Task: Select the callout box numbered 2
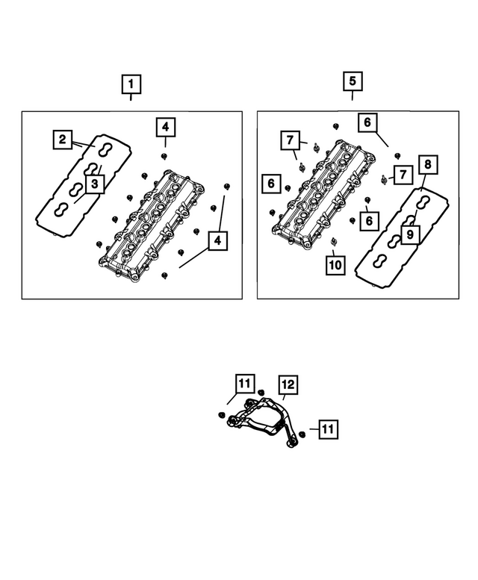63,138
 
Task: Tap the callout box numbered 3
94,184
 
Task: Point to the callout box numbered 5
353,80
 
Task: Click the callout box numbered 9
409,234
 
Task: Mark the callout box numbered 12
288,384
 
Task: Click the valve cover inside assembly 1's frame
153,225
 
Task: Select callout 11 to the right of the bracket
329,428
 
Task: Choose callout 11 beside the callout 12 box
244,384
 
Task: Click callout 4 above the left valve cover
166,128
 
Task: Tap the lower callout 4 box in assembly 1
217,241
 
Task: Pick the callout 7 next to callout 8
403,175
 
